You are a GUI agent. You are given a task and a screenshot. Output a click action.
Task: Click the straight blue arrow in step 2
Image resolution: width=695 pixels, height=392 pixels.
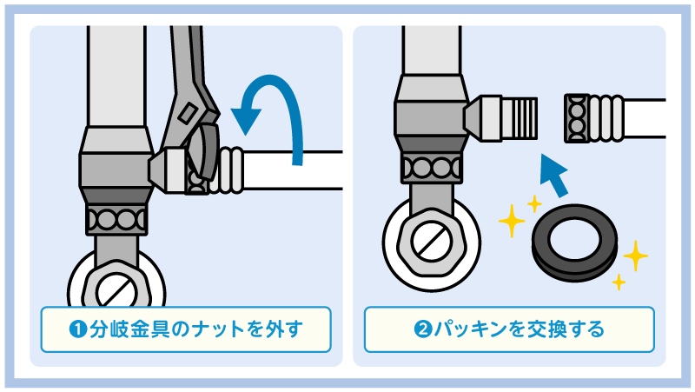click(x=554, y=176)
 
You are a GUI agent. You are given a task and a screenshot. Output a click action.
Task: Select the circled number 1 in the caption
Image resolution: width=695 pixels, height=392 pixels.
click(x=78, y=329)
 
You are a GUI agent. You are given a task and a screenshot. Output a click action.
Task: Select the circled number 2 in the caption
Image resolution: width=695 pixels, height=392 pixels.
click(x=423, y=329)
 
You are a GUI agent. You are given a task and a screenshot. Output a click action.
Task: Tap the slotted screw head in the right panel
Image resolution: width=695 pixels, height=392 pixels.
click(x=431, y=243)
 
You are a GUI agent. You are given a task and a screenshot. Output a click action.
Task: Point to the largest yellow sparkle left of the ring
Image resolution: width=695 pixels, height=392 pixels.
click(x=512, y=221)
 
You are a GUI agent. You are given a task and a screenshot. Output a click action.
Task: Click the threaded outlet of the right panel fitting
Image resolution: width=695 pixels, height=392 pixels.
click(x=520, y=118)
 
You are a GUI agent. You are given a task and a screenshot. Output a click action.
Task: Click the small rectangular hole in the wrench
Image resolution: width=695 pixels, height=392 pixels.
click(x=188, y=113)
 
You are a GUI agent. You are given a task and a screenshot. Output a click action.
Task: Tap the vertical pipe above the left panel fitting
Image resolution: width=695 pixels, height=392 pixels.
click(x=116, y=76)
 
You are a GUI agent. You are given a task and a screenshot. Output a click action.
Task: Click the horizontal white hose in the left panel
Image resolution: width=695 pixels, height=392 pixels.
click(x=293, y=170)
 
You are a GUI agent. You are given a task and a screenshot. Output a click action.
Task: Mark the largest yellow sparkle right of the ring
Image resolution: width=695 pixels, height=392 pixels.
click(x=635, y=256)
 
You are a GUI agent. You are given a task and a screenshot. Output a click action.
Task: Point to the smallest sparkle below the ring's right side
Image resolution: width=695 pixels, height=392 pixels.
click(x=619, y=282)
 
